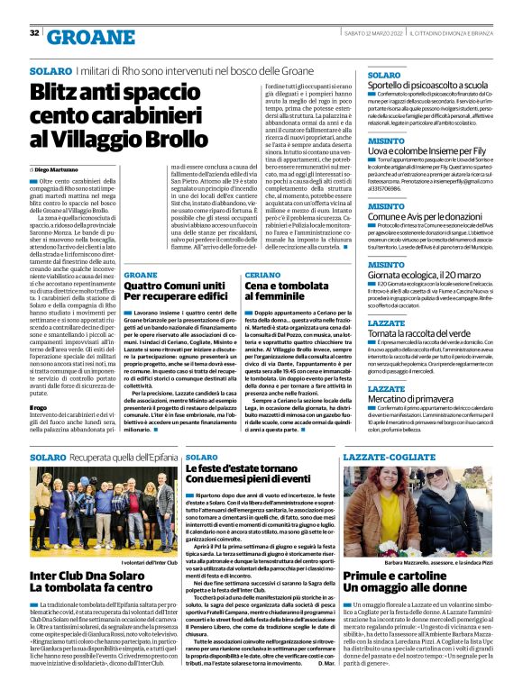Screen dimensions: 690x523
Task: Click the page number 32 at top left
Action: click(x=34, y=33)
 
